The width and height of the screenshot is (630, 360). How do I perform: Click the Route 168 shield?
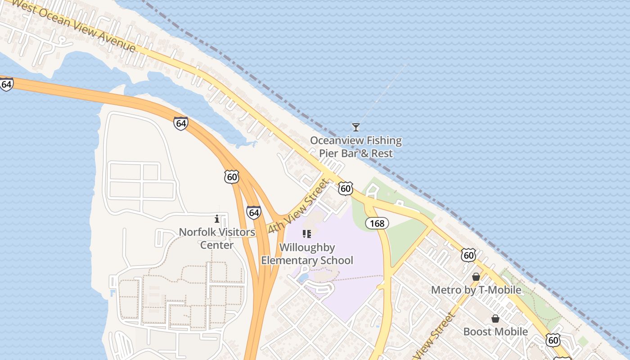pos(377,223)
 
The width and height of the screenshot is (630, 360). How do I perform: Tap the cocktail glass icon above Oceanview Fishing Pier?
pos(356,127)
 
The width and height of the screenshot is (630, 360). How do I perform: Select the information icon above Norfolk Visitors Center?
pos(217,219)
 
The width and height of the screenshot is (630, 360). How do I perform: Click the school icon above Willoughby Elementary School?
pos(307,234)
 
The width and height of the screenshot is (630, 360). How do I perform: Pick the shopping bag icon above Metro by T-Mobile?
pos(476,277)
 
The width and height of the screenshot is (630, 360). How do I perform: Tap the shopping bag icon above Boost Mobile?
pos(495,319)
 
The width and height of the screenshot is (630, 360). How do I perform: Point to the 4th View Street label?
pos(298,206)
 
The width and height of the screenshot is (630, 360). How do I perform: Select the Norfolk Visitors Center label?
pos(217,238)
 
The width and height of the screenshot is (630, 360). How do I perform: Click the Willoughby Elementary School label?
pos(307,254)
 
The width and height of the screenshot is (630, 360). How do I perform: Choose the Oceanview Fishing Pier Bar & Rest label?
pos(356,147)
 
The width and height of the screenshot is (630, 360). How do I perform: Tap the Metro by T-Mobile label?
pos(476,290)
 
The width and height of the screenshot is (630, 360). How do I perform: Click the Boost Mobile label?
pos(495,332)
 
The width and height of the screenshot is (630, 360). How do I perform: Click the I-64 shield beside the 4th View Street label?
pos(254,212)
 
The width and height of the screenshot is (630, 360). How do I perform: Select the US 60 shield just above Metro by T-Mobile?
pos(468,255)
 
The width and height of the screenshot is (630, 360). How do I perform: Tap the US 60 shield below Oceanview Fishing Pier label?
pos(345,188)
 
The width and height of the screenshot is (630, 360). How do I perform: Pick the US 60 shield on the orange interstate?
pos(232,176)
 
